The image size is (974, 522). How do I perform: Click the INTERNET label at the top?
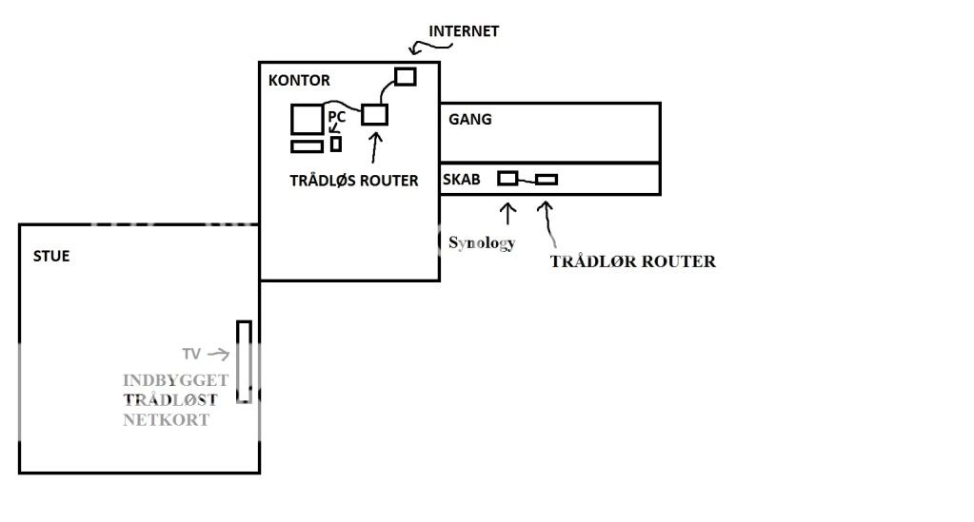(x=464, y=31)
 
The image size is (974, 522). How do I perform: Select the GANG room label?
(x=470, y=120)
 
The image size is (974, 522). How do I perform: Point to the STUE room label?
(x=51, y=257)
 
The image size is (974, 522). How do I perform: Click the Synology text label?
(x=482, y=242)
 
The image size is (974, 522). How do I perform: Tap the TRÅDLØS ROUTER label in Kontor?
(x=354, y=181)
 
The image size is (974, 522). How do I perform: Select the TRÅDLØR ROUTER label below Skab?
(x=632, y=261)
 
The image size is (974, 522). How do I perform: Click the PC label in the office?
(x=337, y=117)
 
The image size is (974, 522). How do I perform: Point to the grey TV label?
(x=191, y=354)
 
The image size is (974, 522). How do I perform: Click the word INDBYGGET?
(x=175, y=380)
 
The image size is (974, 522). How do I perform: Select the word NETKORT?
(x=166, y=419)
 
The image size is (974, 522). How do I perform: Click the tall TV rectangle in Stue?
(x=244, y=361)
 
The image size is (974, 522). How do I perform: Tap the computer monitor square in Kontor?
(x=308, y=120)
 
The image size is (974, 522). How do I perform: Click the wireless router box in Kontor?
(x=375, y=114)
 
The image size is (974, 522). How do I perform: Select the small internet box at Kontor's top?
(x=406, y=76)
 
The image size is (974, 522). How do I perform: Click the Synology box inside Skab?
(x=508, y=178)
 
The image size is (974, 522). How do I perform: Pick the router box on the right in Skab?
(x=547, y=179)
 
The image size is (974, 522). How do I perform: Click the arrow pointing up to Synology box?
(x=508, y=209)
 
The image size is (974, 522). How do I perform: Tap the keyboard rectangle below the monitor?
(x=307, y=146)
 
